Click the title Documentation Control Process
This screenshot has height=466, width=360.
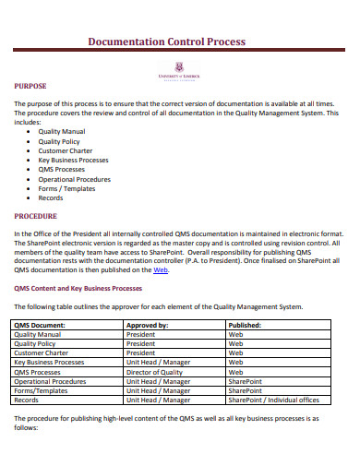(165, 42)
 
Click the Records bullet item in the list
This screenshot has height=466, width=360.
(51, 197)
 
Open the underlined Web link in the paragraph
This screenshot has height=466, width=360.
(160, 270)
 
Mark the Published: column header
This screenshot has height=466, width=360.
(245, 326)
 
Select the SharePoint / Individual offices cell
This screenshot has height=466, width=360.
(273, 400)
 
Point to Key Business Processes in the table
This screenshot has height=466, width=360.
(49, 363)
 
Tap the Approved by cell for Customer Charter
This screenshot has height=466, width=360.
(141, 353)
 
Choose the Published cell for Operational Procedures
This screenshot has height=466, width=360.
(246, 381)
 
